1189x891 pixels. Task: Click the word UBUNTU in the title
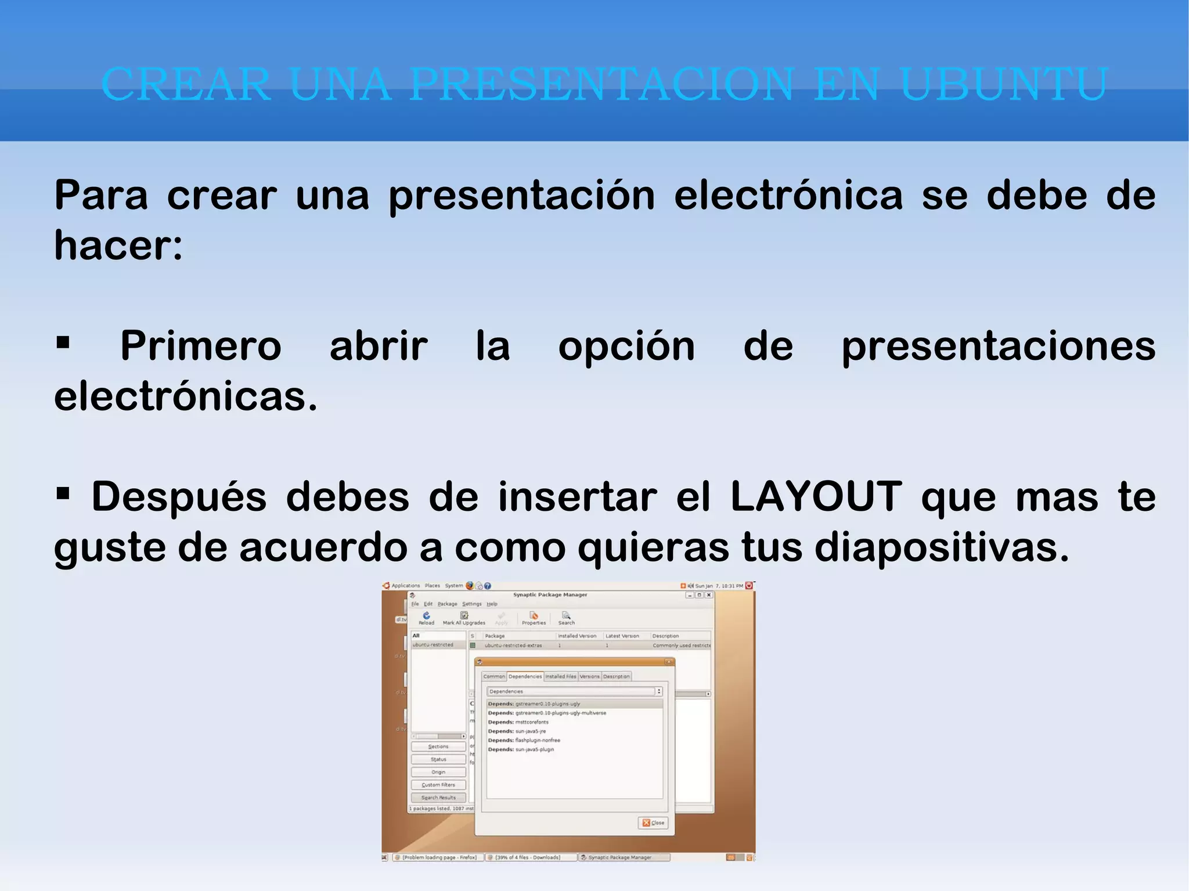pyautogui.click(x=1004, y=85)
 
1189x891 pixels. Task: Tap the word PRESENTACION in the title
pyautogui.click(x=601, y=85)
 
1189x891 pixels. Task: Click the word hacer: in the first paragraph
pyautogui.click(x=118, y=246)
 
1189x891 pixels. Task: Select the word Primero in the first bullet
pyautogui.click(x=201, y=347)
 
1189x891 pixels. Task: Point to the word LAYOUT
pyautogui.click(x=816, y=497)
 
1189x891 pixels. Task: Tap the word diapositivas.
pyautogui.click(x=941, y=547)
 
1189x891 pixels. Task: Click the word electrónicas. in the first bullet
pyautogui.click(x=186, y=397)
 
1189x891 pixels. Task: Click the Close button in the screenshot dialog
pyautogui.click(x=653, y=823)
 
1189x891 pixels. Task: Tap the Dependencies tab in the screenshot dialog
pyautogui.click(x=525, y=676)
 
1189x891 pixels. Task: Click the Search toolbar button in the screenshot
pyautogui.click(x=566, y=618)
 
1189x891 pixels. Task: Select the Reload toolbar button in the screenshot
pyautogui.click(x=426, y=618)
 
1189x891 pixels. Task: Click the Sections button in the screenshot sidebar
pyautogui.click(x=438, y=746)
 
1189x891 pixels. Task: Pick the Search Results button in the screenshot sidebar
pyautogui.click(x=438, y=798)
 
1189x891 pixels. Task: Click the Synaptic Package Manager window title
pyautogui.click(x=550, y=594)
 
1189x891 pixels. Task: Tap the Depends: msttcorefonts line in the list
pyautogui.click(x=518, y=722)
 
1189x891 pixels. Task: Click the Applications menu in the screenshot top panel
pyautogui.click(x=405, y=586)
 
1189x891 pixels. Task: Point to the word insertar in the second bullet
pyautogui.click(x=577, y=497)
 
